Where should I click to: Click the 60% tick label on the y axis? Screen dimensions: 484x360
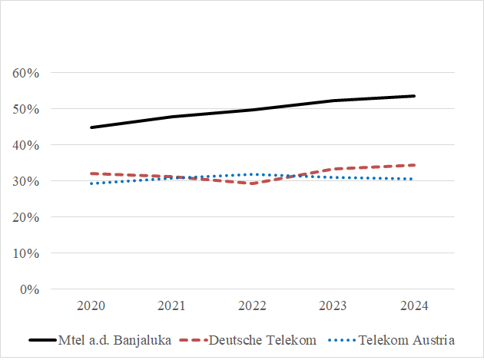26,73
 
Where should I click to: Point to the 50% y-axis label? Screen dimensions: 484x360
26,109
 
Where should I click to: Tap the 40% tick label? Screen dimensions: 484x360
26,145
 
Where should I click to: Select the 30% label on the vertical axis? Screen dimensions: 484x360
26,181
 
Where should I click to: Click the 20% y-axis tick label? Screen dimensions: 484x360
26,217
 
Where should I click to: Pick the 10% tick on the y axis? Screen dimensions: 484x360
26,253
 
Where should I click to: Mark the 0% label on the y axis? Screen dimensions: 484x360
30,289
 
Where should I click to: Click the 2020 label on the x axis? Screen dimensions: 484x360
91,306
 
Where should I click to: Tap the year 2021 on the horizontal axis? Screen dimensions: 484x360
171,306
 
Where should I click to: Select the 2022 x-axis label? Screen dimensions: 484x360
252,306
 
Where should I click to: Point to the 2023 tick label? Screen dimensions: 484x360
333,306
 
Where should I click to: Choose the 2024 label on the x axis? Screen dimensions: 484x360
414,306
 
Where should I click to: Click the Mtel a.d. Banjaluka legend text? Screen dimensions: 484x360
114,340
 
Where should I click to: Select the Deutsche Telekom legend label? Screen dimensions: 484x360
263,340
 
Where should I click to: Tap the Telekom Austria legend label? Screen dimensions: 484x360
406,340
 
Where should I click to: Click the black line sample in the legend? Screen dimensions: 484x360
43,340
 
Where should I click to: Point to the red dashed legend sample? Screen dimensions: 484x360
194,340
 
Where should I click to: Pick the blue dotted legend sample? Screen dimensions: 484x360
342,340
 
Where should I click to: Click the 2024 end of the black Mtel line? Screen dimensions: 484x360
414,96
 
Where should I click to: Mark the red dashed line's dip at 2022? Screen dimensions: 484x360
252,183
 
